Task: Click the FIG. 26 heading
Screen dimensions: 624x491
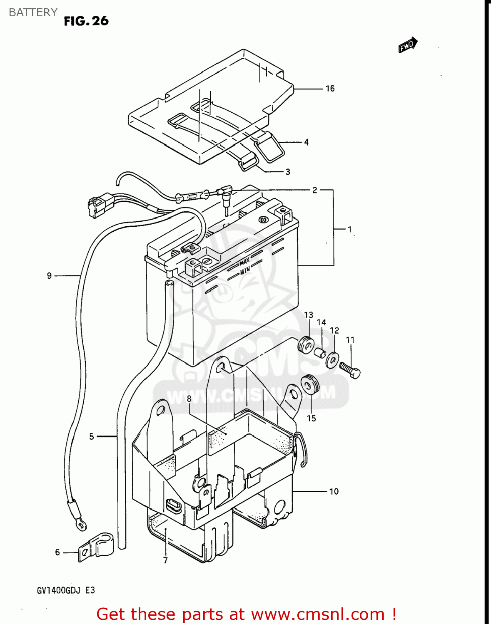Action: (x=86, y=21)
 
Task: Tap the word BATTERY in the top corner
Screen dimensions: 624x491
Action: (x=33, y=12)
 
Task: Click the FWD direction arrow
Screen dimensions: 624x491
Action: (x=407, y=45)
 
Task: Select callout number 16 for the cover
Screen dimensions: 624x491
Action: (x=330, y=89)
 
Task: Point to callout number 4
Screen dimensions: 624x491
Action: (x=306, y=142)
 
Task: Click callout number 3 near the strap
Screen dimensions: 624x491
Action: (x=288, y=172)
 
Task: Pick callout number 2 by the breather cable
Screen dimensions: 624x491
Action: (x=315, y=190)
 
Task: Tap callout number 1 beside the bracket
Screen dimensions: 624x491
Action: (x=349, y=229)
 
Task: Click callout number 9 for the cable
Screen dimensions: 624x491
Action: (x=49, y=276)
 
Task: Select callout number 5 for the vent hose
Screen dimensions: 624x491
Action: (x=92, y=436)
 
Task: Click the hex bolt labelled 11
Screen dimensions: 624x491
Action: (x=350, y=369)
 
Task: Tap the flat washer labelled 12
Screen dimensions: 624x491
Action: (x=332, y=359)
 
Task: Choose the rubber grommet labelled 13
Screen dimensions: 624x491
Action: (x=306, y=345)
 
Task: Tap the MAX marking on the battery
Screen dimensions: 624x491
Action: (x=244, y=262)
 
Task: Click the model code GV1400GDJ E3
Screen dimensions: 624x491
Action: (x=66, y=590)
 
